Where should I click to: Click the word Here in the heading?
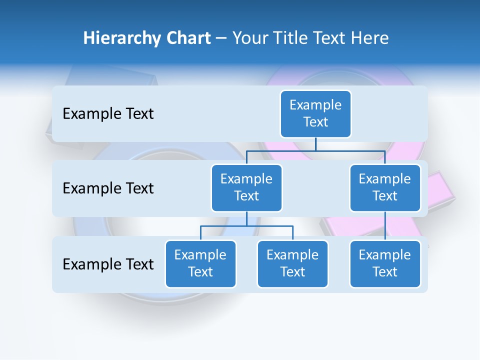[x=369, y=38]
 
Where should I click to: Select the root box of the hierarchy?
[x=315, y=113]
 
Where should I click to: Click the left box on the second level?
[x=246, y=187]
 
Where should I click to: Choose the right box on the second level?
[x=385, y=187]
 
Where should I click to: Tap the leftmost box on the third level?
[x=200, y=263]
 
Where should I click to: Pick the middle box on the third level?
[x=292, y=263]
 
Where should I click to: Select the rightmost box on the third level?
[x=385, y=263]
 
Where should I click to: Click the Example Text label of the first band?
[x=108, y=114]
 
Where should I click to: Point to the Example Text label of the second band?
[x=108, y=188]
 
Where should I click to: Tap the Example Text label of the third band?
[x=108, y=264]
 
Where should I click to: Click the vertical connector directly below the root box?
[x=315, y=144]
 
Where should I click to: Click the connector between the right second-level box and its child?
[x=385, y=226]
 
